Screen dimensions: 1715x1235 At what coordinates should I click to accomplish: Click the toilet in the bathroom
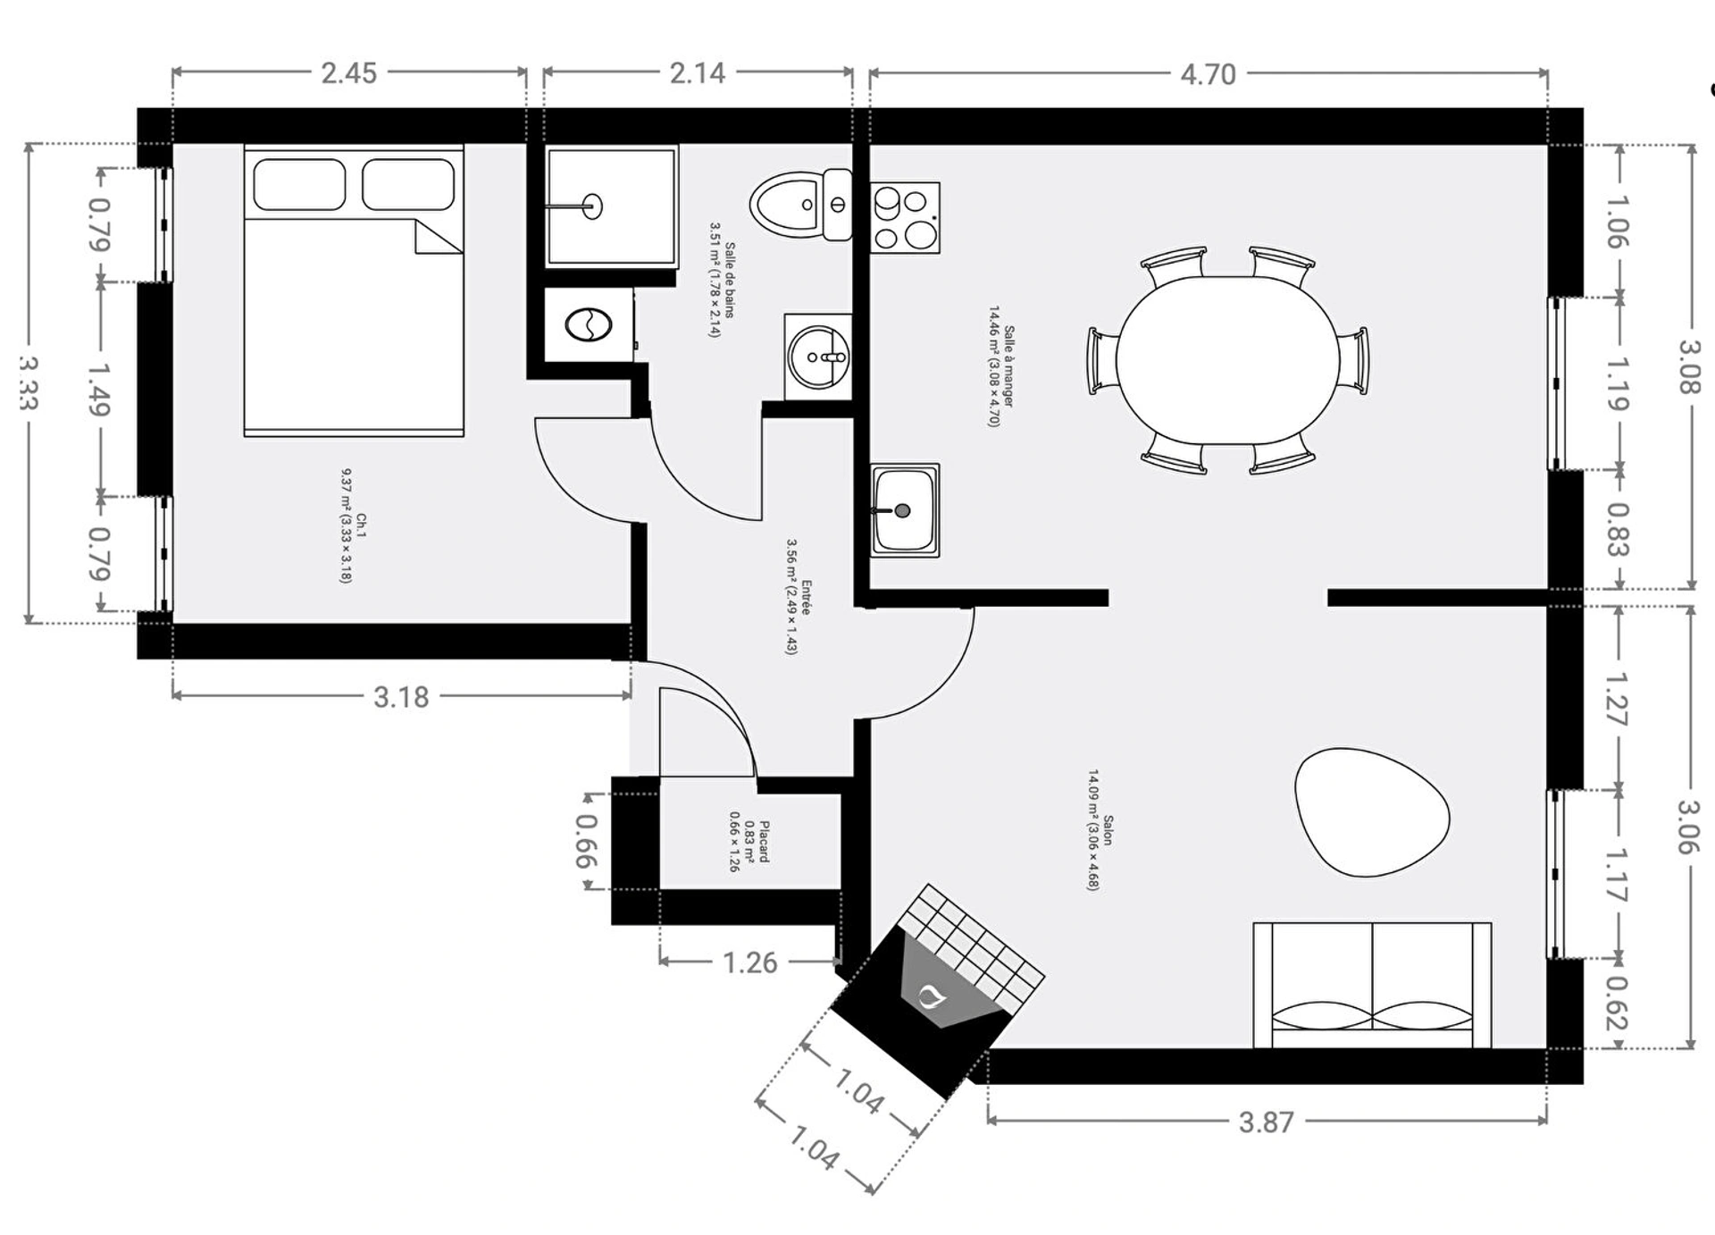[800, 205]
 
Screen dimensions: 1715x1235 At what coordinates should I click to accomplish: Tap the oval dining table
[1227, 360]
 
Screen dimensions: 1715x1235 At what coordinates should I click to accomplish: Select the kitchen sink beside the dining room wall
[905, 510]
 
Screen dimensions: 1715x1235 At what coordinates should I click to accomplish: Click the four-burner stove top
[905, 218]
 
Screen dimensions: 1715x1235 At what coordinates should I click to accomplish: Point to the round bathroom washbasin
[818, 357]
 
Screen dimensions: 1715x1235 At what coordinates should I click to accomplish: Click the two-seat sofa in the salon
[1372, 985]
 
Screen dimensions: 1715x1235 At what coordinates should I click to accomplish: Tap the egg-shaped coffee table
[1370, 811]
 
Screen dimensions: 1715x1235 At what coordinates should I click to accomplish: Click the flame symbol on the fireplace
[932, 995]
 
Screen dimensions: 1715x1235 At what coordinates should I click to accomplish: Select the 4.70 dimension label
[1208, 74]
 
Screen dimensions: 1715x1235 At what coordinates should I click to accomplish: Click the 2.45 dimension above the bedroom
[348, 73]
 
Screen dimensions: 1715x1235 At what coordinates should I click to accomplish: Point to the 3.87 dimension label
[1266, 1122]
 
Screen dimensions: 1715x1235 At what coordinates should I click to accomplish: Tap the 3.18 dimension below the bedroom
[401, 697]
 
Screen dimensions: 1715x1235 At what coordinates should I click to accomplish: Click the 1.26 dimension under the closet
[749, 962]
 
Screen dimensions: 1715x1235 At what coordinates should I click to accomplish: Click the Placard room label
[764, 842]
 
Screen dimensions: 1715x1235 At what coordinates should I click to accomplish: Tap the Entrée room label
[806, 597]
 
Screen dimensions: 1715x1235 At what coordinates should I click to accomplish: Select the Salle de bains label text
[730, 280]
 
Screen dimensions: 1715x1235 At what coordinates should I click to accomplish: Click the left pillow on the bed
[299, 184]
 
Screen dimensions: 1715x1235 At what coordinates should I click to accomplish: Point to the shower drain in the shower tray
[593, 206]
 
